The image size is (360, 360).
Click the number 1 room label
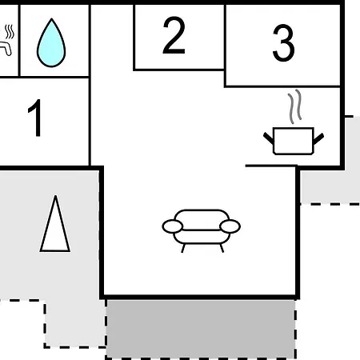pos(34,118)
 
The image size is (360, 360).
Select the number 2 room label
pos(174,35)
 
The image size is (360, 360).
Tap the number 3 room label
pos(283,43)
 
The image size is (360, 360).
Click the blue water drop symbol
pos(51,42)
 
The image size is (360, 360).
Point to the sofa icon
pos(202,230)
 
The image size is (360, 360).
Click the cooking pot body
pos(294,141)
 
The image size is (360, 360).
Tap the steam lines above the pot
pos(295,106)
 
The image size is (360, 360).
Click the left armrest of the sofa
pos(173,226)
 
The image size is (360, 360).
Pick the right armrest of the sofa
pos(230,226)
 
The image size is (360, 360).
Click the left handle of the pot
pos(269,138)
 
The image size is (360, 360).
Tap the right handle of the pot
pos(318,138)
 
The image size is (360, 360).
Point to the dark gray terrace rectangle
pos(201,328)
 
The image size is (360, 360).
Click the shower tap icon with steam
pos(6,40)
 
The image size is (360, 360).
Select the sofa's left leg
pos(183,248)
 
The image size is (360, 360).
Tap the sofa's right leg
pos(222,248)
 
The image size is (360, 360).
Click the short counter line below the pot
pos(271,166)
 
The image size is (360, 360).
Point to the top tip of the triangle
pos(55,196)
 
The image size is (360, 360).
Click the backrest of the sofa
pos(202,219)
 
